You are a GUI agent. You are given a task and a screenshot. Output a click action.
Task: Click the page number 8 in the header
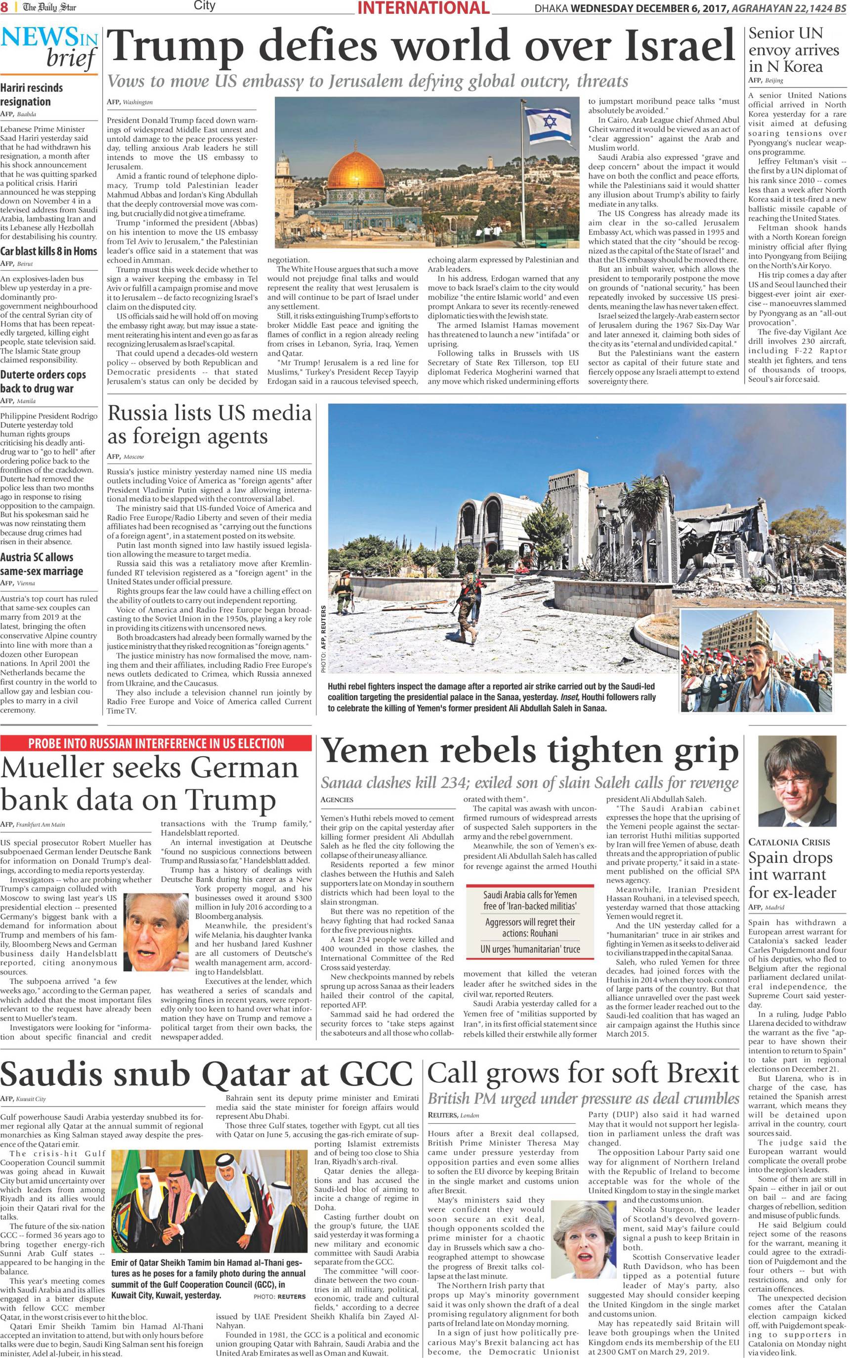pyautogui.click(x=4, y=7)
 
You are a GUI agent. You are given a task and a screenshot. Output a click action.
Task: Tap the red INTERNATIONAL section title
pyautogui.click(x=423, y=8)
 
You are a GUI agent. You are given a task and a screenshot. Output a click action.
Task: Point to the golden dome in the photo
pyautogui.click(x=357, y=175)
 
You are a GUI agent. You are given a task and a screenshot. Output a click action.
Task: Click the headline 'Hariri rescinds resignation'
pyautogui.click(x=32, y=94)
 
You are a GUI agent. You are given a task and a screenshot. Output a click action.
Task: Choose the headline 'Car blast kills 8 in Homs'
pyautogui.click(x=48, y=251)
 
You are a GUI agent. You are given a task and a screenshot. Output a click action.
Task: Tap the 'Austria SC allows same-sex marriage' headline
pyautogui.click(x=42, y=564)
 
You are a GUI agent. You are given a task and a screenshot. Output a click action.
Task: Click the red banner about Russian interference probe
pyautogui.click(x=156, y=743)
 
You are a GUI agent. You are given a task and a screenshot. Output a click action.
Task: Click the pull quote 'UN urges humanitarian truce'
pyautogui.click(x=530, y=949)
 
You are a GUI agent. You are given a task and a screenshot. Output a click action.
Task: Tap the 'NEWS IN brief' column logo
pyautogui.click(x=49, y=48)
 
